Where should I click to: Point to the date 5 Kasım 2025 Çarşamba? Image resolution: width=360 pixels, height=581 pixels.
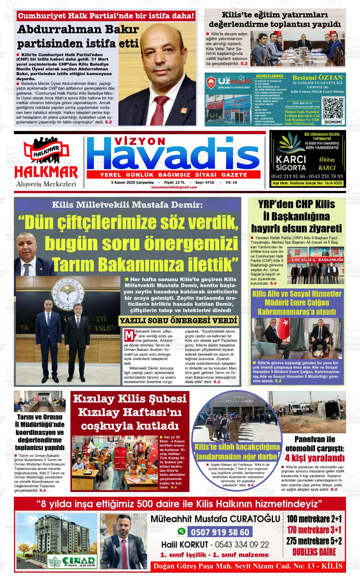132,182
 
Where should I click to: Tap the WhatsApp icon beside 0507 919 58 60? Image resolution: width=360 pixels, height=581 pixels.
181,531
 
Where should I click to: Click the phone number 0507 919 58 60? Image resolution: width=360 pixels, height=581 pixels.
220,532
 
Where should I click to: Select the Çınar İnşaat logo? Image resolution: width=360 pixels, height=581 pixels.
71,561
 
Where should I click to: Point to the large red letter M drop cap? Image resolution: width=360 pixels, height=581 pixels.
129,335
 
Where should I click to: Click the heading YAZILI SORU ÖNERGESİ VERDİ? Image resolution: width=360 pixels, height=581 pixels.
178,321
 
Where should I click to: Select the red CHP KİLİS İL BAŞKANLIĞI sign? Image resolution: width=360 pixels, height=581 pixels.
317,259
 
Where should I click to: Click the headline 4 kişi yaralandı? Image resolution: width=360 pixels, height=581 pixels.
314,458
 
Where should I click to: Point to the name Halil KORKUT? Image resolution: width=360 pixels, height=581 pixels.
185,545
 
